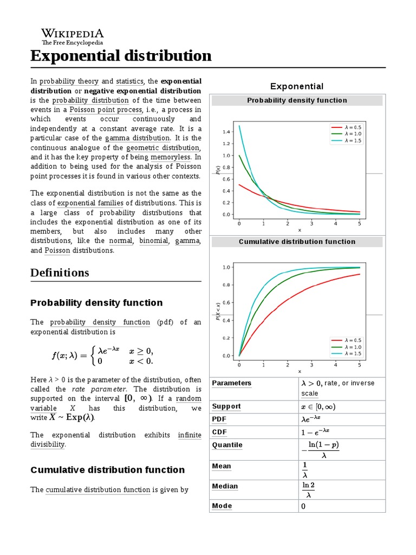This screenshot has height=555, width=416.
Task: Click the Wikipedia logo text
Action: (73, 33)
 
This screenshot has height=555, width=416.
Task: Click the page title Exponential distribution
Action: (121, 55)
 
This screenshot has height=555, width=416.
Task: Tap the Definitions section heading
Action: (60, 273)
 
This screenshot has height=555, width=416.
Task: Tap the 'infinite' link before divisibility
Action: (189, 435)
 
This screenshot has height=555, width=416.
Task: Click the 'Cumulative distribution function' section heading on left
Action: (107, 470)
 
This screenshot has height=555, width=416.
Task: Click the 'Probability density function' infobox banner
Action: (297, 100)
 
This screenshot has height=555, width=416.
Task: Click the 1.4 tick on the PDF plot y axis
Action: (226, 132)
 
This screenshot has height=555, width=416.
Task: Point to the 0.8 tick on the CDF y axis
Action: (226, 285)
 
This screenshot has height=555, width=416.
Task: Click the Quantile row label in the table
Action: (227, 445)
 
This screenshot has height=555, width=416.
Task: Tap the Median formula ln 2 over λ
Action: (308, 490)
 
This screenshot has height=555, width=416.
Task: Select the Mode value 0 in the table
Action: (303, 506)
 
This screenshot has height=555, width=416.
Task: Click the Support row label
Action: (226, 406)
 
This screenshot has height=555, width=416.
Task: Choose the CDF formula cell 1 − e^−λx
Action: (316, 433)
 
